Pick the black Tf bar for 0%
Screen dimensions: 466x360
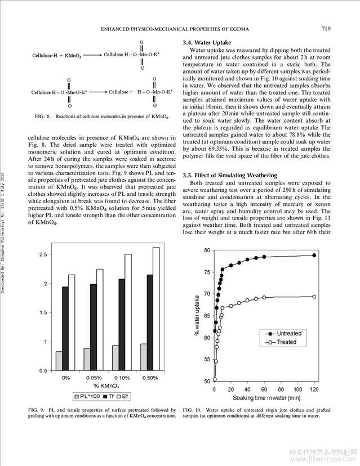tap(65, 329)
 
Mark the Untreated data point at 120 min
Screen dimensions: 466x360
tap(314, 256)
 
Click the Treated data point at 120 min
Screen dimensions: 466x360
tap(314, 297)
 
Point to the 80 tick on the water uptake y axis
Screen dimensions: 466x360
tap(206, 250)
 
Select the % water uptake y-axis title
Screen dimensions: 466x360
tap(197, 315)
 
